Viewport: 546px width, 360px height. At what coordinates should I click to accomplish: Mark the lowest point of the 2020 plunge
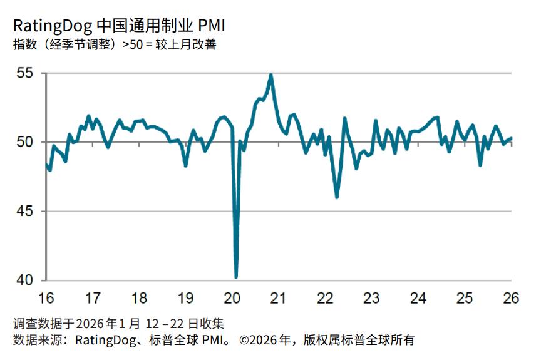click(x=236, y=276)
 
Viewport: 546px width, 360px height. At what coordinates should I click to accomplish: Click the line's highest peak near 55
click(x=270, y=75)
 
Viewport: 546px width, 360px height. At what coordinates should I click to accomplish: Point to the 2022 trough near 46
click(x=337, y=197)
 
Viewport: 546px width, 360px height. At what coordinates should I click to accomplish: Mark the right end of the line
click(x=512, y=138)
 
